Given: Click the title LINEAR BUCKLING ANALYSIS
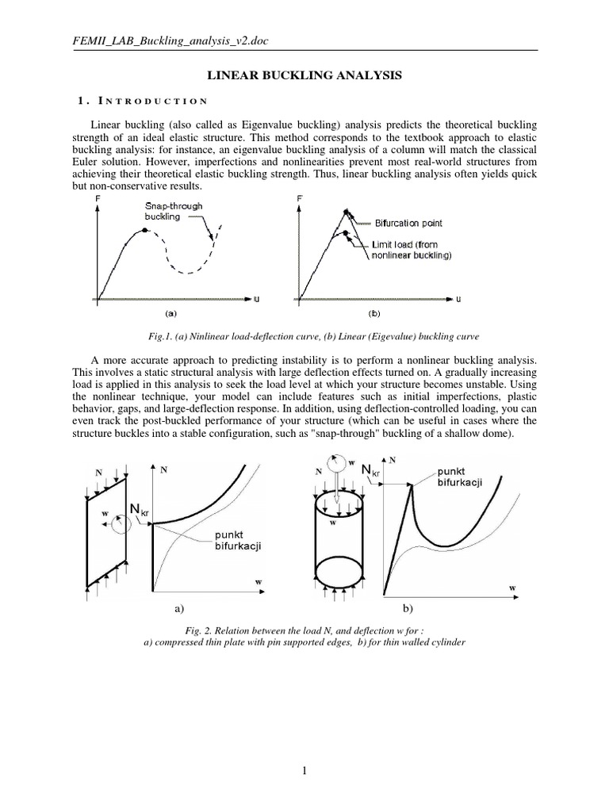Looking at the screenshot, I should point(304,75).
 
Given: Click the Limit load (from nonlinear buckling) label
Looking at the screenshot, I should point(411,250).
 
